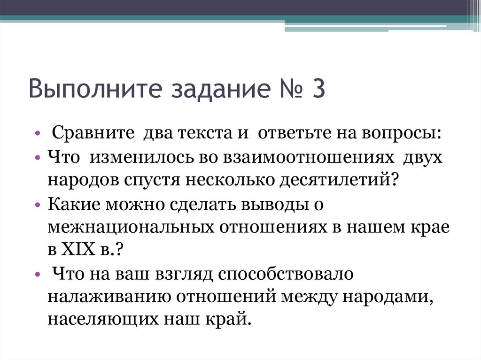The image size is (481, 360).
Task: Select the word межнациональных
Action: coord(131,227)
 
